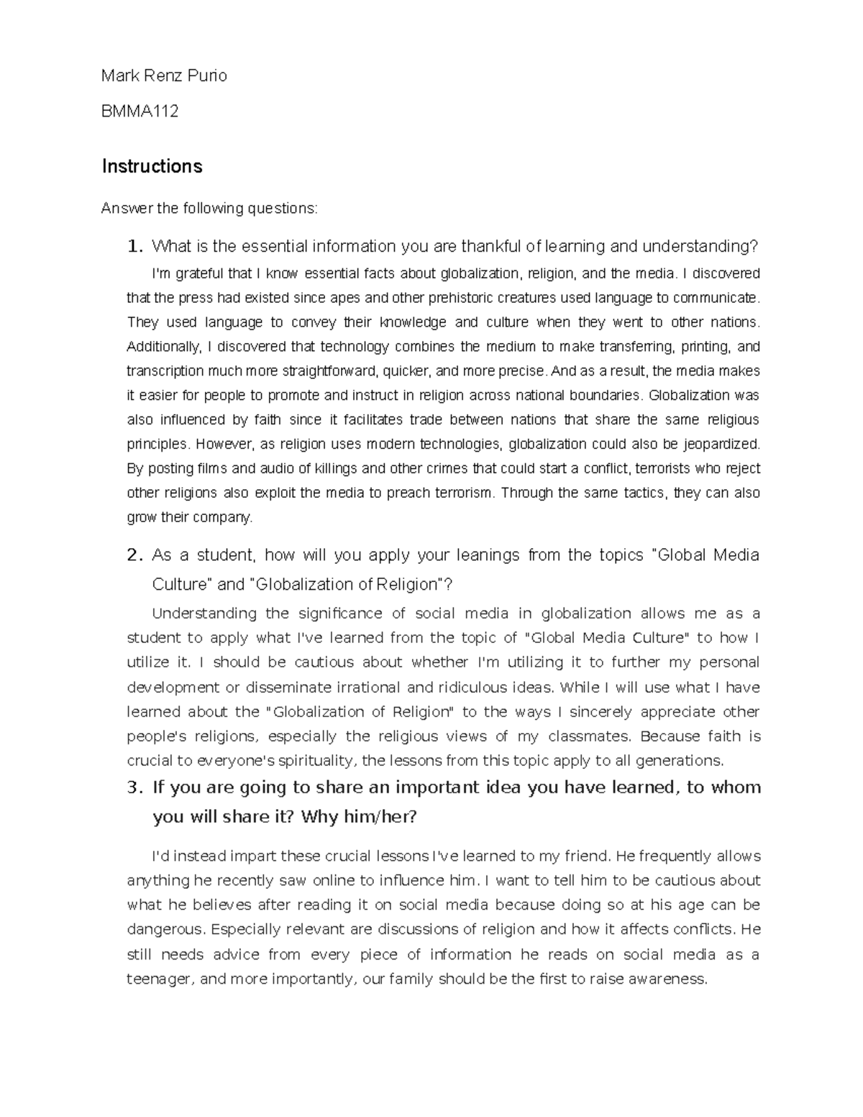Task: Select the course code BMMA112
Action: pyautogui.click(x=140, y=111)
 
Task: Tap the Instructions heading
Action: pyautogui.click(x=152, y=166)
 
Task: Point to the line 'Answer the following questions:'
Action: pyautogui.click(x=209, y=209)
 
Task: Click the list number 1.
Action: pyautogui.click(x=134, y=247)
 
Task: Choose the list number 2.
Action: pyautogui.click(x=134, y=555)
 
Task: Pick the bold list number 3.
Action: pyautogui.click(x=135, y=788)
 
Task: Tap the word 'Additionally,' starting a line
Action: pyautogui.click(x=164, y=347)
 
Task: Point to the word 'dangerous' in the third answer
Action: pyautogui.click(x=165, y=929)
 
